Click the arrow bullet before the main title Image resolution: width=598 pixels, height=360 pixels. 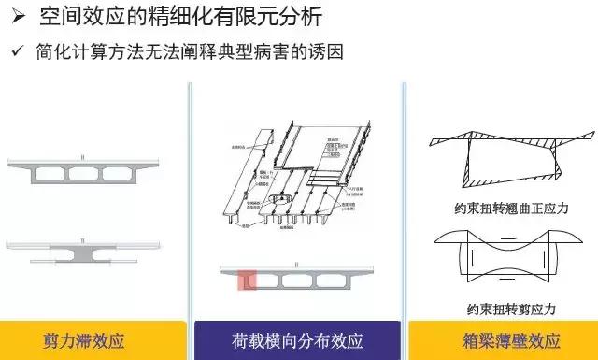click(x=16, y=16)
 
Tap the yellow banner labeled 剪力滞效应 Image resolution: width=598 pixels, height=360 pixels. click(x=97, y=339)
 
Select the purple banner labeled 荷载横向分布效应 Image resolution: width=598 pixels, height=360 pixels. click(x=297, y=339)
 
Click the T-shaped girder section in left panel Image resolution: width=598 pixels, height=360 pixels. click(x=97, y=250)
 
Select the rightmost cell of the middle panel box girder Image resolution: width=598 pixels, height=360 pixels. click(x=341, y=281)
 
